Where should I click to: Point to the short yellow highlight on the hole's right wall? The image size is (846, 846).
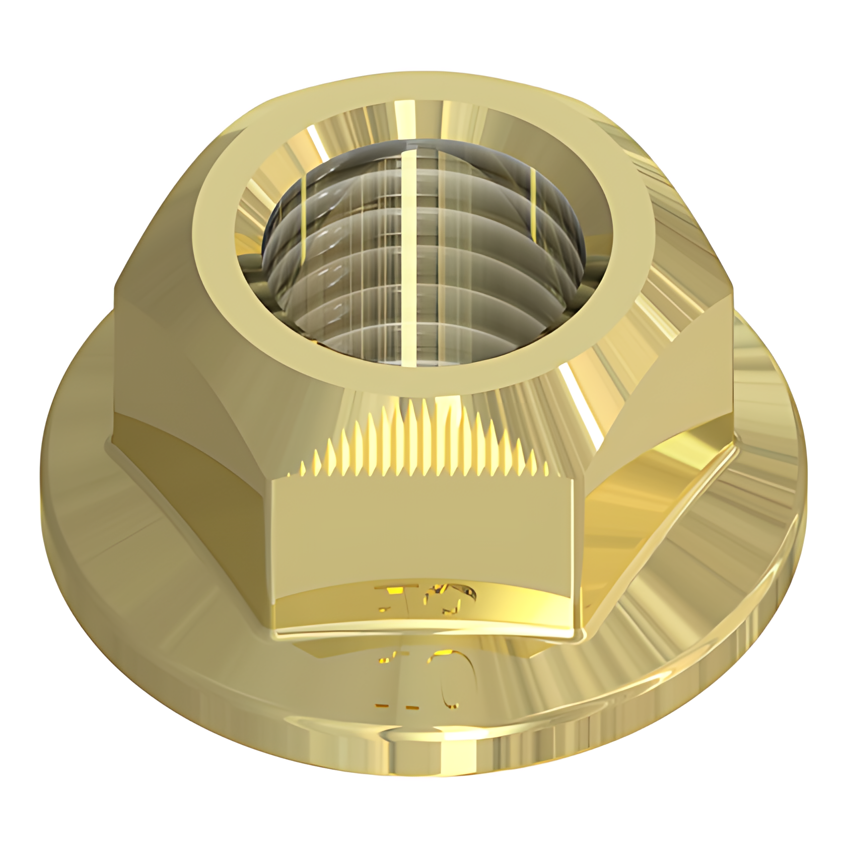click(x=532, y=201)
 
